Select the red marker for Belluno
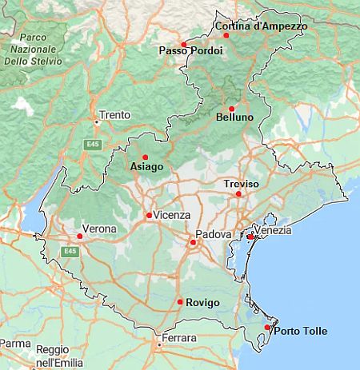[231, 109]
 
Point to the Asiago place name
[146, 167]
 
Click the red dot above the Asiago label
[145, 157]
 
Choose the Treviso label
[242, 184]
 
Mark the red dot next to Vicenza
[148, 215]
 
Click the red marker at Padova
[192, 242]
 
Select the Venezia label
[274, 231]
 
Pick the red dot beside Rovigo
[179, 301]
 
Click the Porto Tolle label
[300, 332]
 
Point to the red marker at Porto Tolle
[267, 327]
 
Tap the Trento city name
[114, 115]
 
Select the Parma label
[15, 344]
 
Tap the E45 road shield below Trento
[94, 144]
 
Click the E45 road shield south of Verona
[71, 251]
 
